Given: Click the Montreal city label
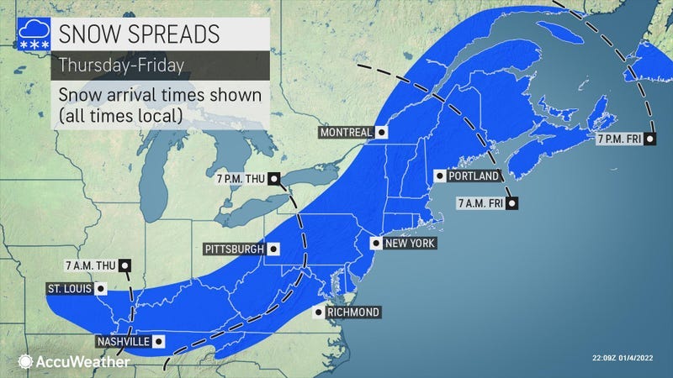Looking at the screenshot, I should click(345, 133).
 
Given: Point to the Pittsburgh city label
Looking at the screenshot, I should click(233, 249).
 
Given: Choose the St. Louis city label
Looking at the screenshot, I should click(69, 289).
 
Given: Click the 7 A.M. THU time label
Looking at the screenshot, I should click(91, 265).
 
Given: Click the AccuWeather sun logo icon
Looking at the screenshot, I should click(25, 361).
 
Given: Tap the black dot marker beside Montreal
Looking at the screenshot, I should click(382, 133).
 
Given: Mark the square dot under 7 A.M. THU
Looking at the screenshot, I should click(125, 265).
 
